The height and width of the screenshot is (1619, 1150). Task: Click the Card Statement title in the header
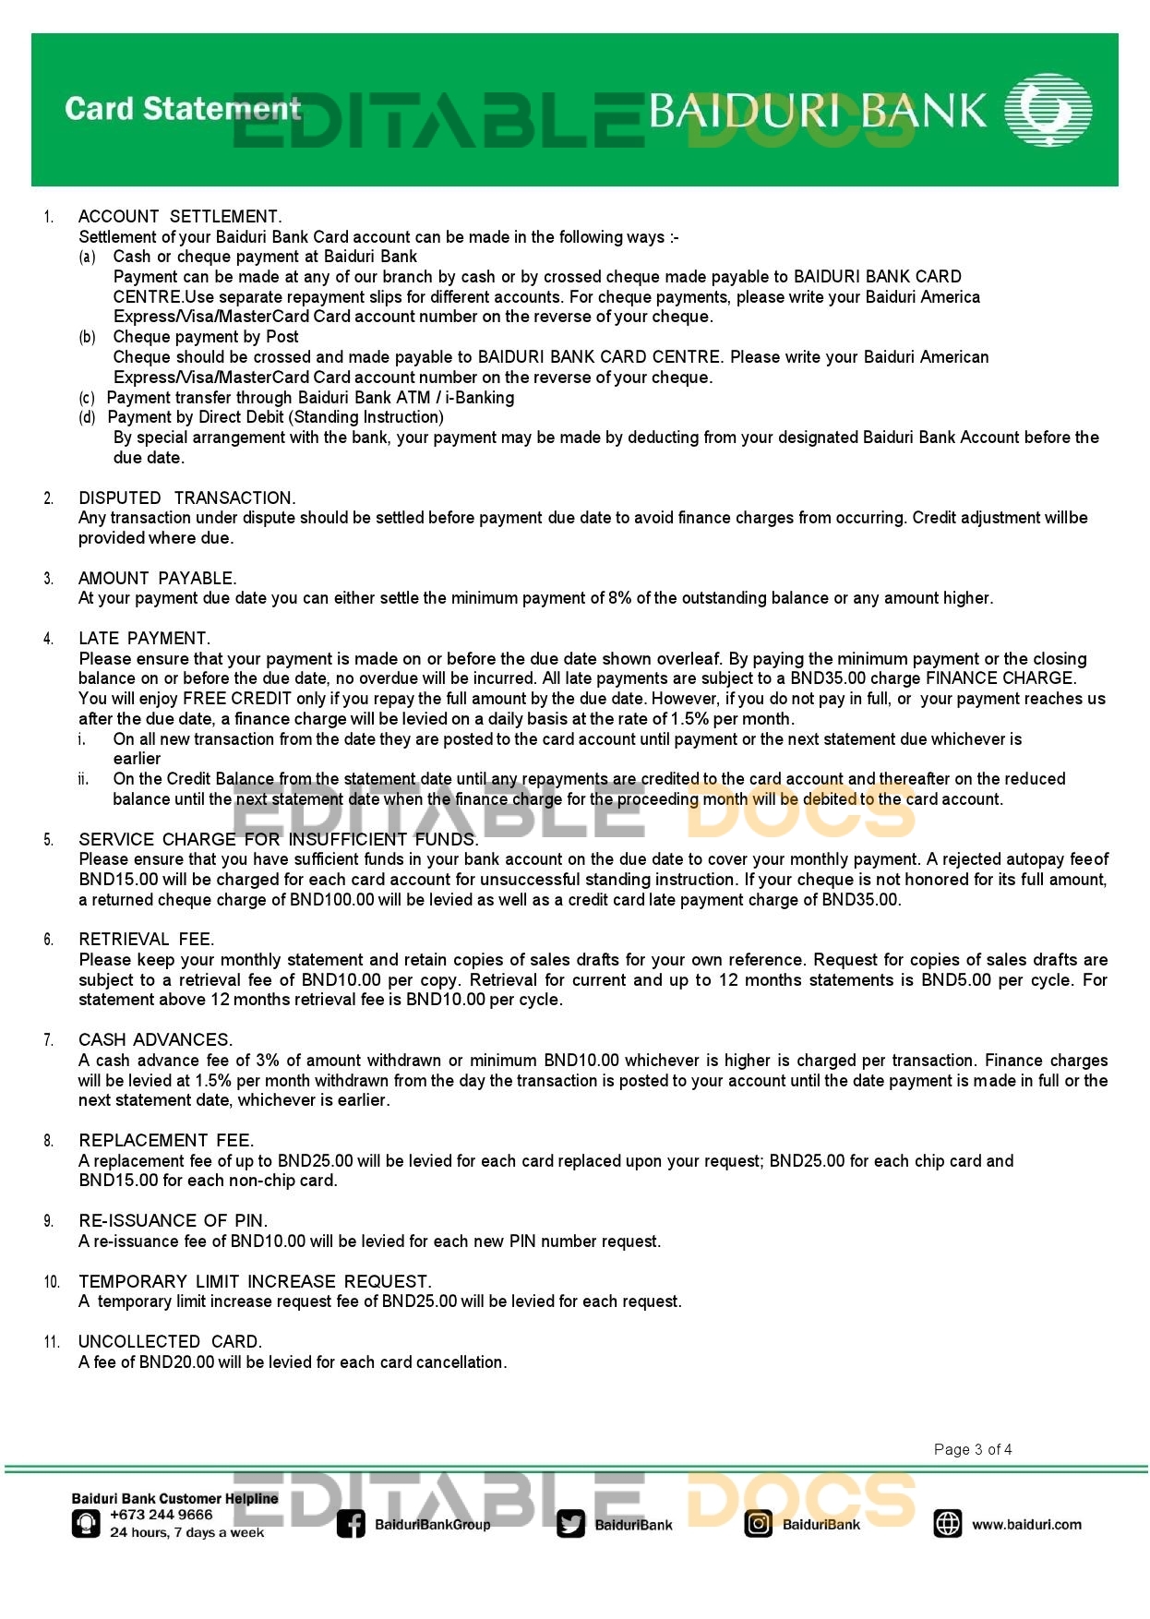coord(183,109)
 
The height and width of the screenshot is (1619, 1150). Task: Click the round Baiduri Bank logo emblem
coord(1048,110)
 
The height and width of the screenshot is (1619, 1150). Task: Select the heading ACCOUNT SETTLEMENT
coord(180,217)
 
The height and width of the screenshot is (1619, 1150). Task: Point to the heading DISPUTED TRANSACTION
coord(187,498)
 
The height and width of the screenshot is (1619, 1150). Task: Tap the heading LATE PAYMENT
coord(144,639)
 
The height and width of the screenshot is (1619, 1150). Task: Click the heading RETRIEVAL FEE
coord(147,940)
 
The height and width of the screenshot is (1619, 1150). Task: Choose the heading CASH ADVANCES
coord(156,1040)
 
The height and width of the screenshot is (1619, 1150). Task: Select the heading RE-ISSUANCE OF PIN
coord(174,1221)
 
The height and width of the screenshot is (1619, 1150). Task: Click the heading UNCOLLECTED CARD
coord(171,1342)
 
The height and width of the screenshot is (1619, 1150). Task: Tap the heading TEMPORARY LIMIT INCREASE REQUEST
coord(255,1282)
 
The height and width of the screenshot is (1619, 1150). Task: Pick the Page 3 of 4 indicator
coord(973,1450)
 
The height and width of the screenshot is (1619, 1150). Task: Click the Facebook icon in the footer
coord(351,1524)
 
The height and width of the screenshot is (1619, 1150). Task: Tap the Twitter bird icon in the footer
coord(571,1525)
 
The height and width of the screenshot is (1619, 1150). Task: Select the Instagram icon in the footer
coord(758,1524)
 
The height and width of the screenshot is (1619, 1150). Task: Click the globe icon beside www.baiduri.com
coord(948,1524)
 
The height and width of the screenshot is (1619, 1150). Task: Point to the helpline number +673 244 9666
coord(162,1515)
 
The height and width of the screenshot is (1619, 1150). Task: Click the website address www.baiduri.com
coord(1026,1525)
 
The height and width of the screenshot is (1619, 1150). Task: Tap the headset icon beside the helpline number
coord(86,1523)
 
